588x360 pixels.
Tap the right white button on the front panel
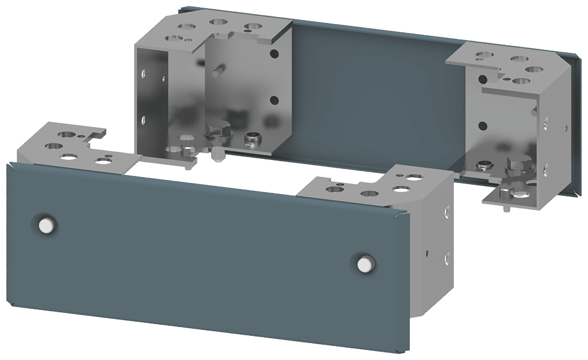pos(365,264)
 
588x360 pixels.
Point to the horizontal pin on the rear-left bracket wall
pos(217,72)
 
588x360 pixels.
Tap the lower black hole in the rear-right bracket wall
pos(483,125)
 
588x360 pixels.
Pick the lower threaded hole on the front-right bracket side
pos(447,256)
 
